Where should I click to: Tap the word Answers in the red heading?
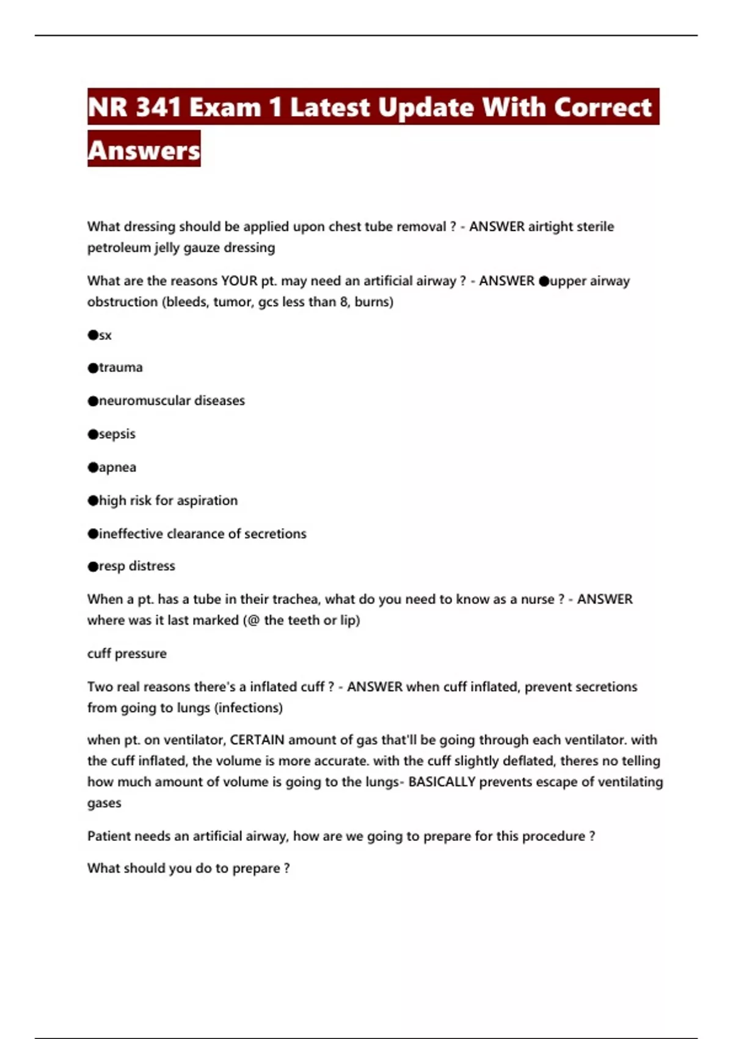coord(144,150)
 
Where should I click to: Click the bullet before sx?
coord(93,335)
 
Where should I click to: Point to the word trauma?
coord(121,367)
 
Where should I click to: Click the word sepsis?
coord(117,434)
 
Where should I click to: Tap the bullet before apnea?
coord(93,468)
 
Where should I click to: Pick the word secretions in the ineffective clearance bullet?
coord(275,534)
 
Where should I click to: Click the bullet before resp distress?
coord(93,567)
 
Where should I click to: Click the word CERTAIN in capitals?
coord(257,740)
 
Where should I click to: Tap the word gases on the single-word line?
coord(104,803)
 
